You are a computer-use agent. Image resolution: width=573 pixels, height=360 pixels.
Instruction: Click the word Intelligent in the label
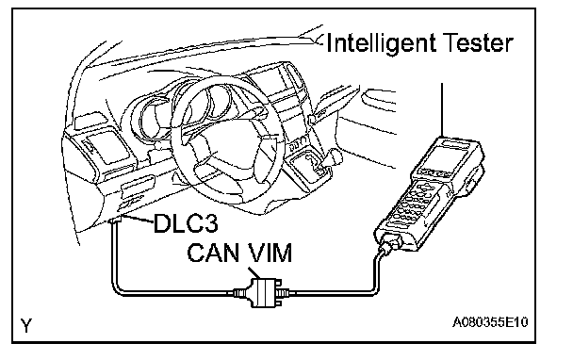pos(381,44)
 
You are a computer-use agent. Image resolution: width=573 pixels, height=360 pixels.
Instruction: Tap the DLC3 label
pos(186,222)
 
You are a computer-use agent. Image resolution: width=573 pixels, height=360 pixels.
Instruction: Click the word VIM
pos(268,253)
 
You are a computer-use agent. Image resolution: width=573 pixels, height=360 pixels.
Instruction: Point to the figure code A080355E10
pos(490,322)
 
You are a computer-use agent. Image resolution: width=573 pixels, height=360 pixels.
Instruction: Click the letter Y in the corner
pos(26,325)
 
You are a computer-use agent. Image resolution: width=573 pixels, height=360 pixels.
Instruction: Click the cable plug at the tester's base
pos(391,243)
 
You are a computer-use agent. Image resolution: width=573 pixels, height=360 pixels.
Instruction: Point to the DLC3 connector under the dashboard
pos(116,220)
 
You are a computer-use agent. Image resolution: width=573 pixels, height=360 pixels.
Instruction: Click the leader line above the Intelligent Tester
pos(442,109)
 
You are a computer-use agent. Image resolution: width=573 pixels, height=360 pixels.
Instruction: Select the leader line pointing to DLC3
pos(139,220)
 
